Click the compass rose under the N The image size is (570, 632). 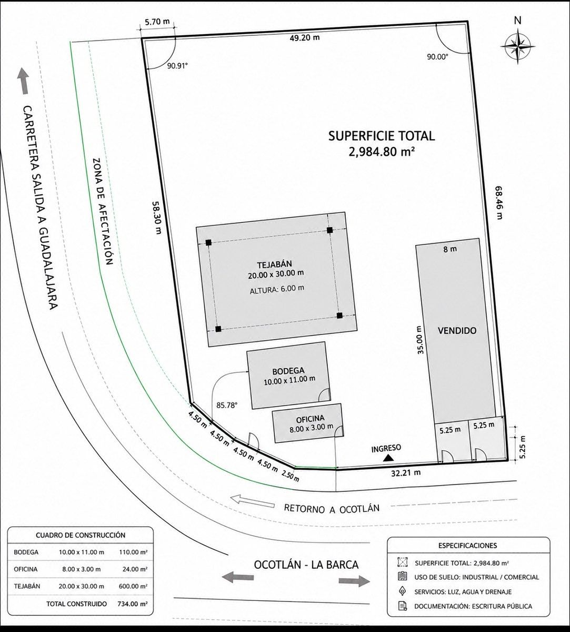click(x=518, y=46)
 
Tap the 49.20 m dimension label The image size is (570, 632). click(x=305, y=38)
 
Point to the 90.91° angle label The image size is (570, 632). click(x=177, y=66)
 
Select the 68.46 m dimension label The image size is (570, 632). click(x=498, y=202)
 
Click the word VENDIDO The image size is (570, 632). click(x=457, y=331)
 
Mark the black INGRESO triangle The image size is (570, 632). click(x=388, y=458)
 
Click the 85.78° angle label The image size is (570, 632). click(x=227, y=405)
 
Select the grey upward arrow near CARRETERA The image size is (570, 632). click(x=24, y=81)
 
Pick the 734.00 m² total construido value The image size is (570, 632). click(x=132, y=604)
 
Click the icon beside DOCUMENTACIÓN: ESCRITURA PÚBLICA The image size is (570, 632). click(x=402, y=606)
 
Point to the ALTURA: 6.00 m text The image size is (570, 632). click(x=277, y=289)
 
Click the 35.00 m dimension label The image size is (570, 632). click(x=419, y=340)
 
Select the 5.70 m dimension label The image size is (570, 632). click(x=157, y=22)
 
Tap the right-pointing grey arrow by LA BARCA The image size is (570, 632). click(x=354, y=580)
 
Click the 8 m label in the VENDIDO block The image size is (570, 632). click(x=450, y=249)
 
